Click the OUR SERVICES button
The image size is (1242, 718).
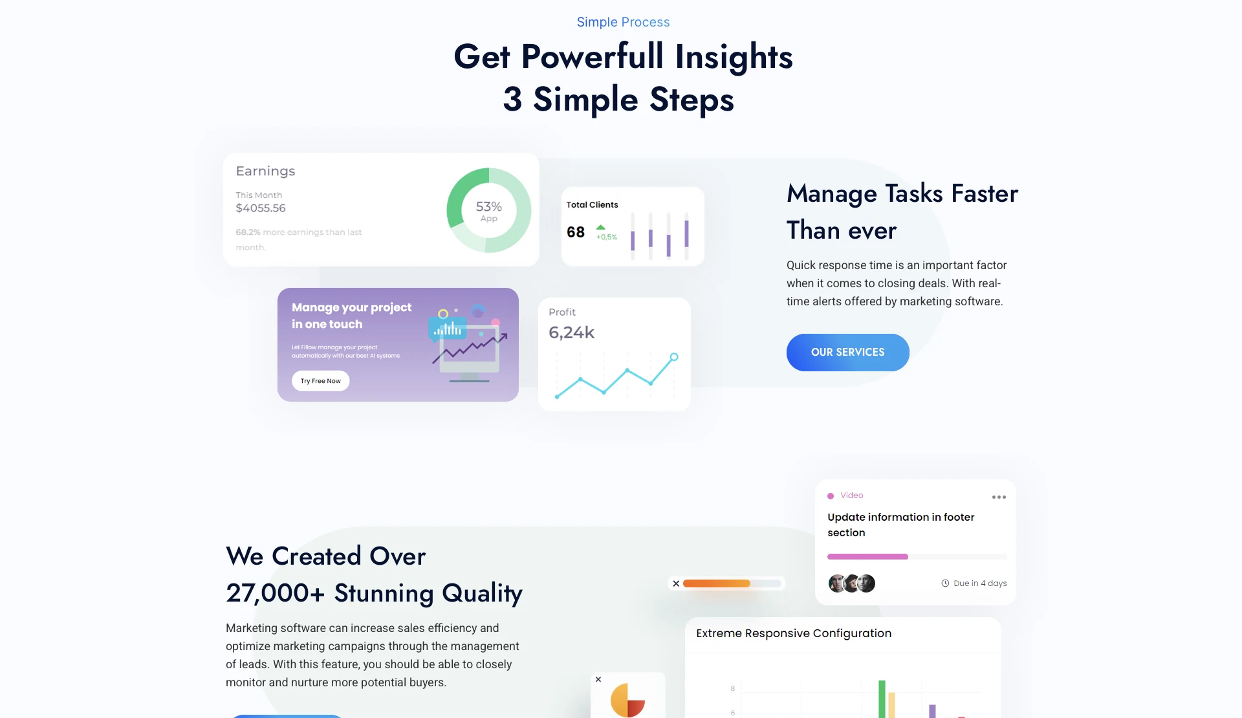pyautogui.click(x=847, y=353)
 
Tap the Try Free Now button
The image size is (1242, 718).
pyautogui.click(x=320, y=381)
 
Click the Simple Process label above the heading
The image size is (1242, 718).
pyautogui.click(x=623, y=22)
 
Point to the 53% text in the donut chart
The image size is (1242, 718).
pyautogui.click(x=488, y=206)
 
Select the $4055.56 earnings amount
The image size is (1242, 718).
pyautogui.click(x=260, y=208)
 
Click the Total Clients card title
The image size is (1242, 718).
pyautogui.click(x=592, y=205)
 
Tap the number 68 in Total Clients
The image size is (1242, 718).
pyautogui.click(x=576, y=232)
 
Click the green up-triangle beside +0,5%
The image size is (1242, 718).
pyautogui.click(x=601, y=227)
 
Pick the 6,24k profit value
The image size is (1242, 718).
pyautogui.click(x=571, y=332)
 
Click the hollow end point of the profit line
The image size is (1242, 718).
pyautogui.click(x=674, y=357)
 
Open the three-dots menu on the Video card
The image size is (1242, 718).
pyautogui.click(x=999, y=497)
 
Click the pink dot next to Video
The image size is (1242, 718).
pyautogui.click(x=831, y=496)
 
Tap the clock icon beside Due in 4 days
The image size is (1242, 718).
pyautogui.click(x=945, y=583)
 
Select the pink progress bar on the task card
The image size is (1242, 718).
pyautogui.click(x=867, y=557)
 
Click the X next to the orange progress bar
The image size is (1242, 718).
pyautogui.click(x=676, y=583)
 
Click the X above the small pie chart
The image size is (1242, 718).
pyautogui.click(x=598, y=679)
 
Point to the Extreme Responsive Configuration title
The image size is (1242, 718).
pyautogui.click(x=794, y=633)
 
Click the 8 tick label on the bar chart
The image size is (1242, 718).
pyautogui.click(x=733, y=688)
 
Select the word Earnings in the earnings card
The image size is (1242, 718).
pyautogui.click(x=265, y=171)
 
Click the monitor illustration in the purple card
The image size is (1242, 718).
pyautogui.click(x=470, y=353)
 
